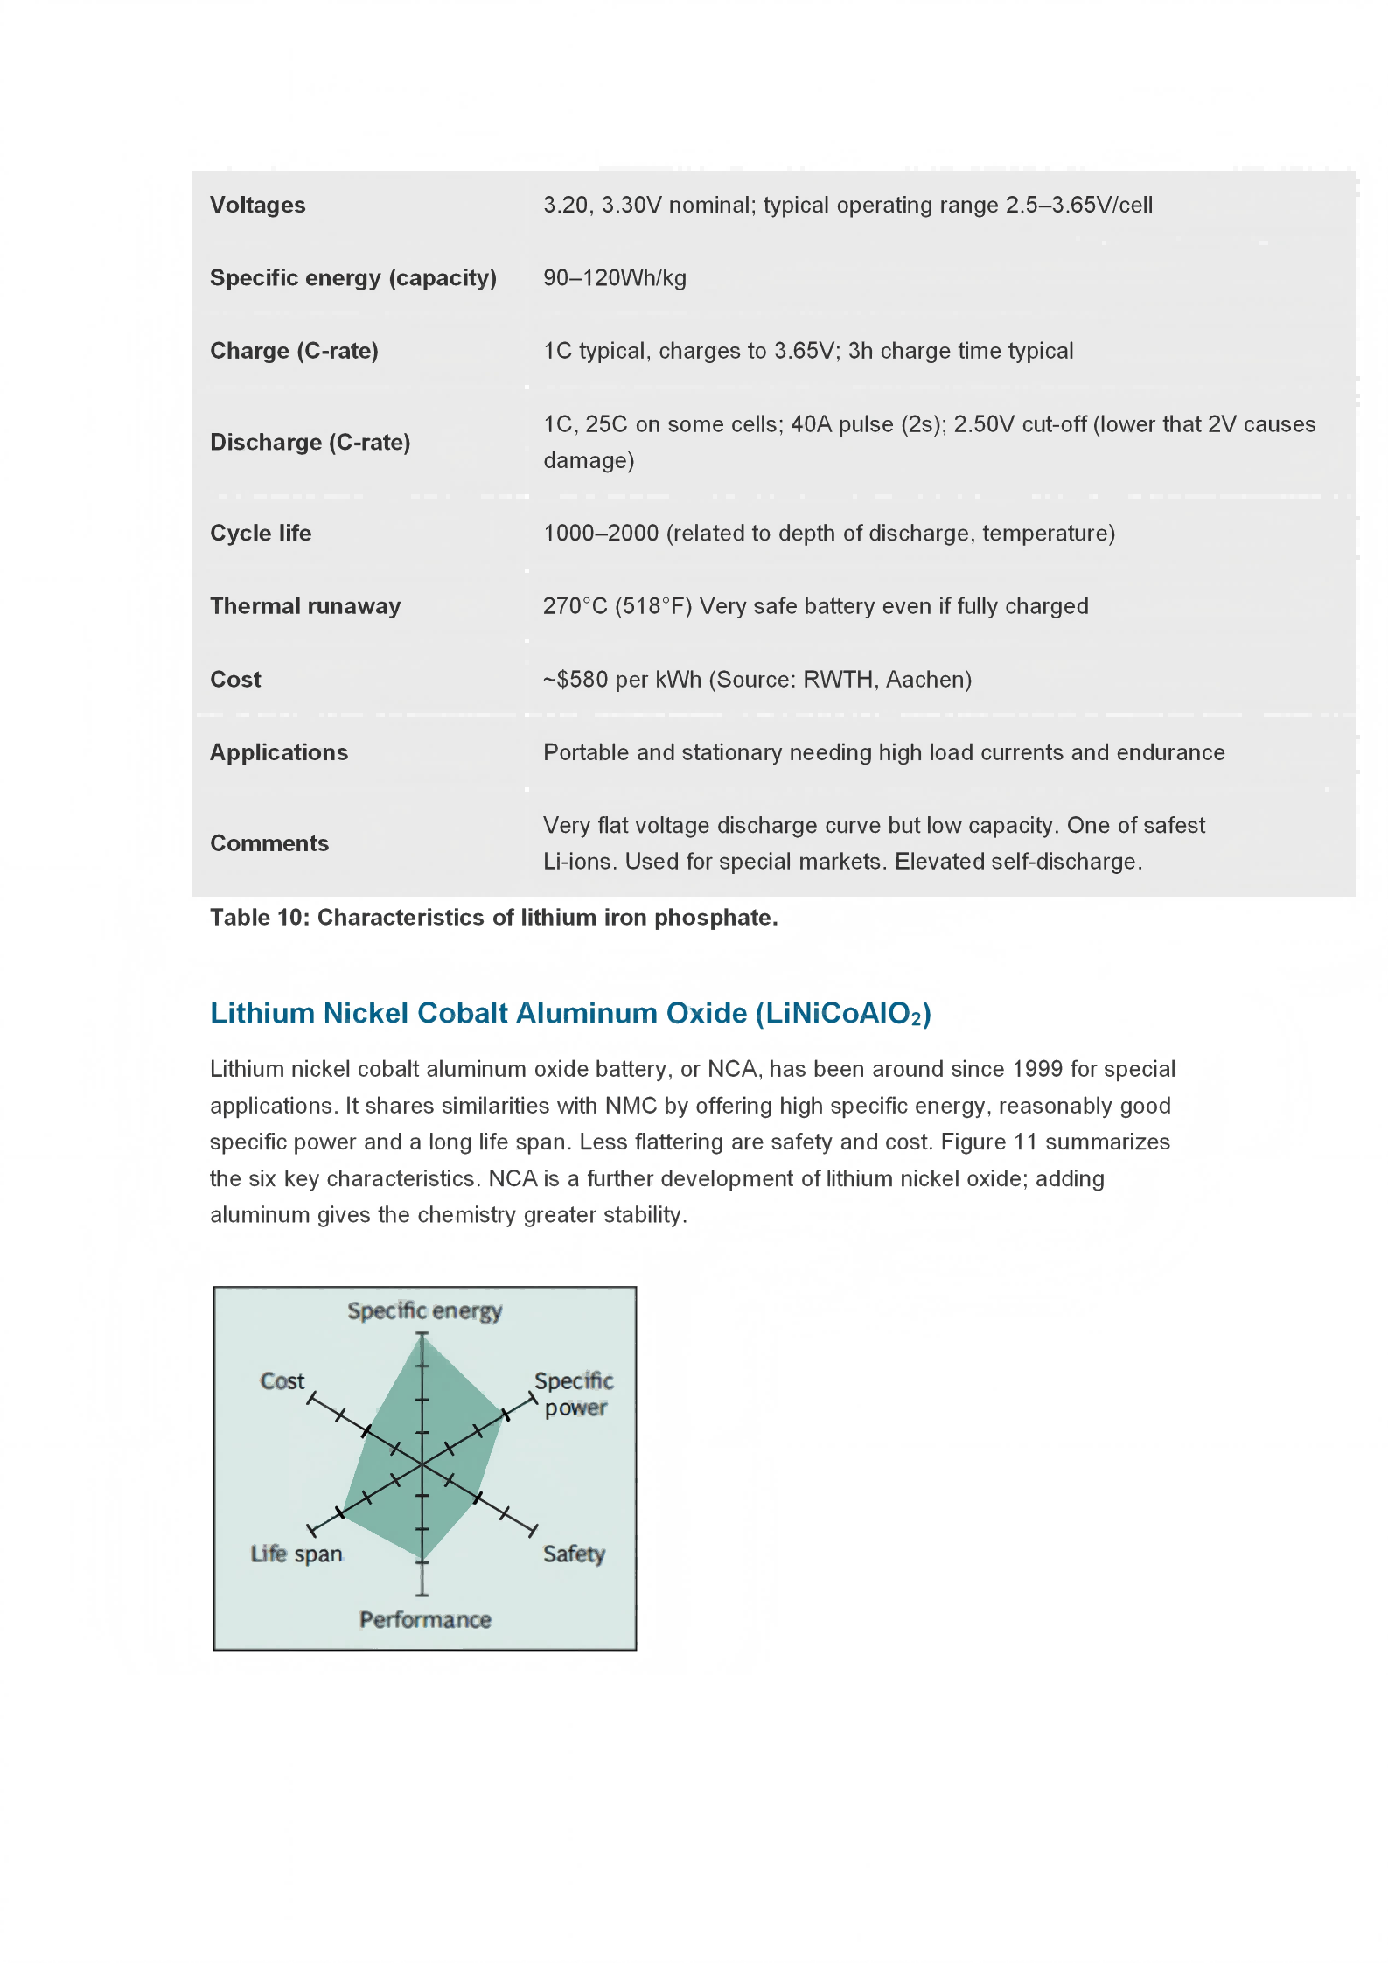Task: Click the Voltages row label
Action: coord(257,205)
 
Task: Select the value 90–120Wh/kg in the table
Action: coord(614,278)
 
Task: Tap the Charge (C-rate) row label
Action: coord(294,351)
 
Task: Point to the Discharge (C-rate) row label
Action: coord(310,443)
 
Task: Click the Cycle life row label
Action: coord(261,534)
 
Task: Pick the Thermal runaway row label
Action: coord(305,606)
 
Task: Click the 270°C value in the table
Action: coord(575,606)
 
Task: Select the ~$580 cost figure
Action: coord(575,680)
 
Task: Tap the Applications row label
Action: coord(279,752)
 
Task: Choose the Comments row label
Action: coord(269,843)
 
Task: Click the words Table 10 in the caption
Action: coord(259,918)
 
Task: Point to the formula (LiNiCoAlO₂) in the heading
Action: coord(843,1014)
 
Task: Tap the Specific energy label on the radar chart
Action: coord(424,1310)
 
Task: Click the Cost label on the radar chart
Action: coord(282,1381)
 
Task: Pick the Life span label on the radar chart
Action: coord(296,1554)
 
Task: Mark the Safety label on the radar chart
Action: coord(574,1554)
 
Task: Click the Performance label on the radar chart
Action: coord(425,1620)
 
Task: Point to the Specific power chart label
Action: coord(574,1394)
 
